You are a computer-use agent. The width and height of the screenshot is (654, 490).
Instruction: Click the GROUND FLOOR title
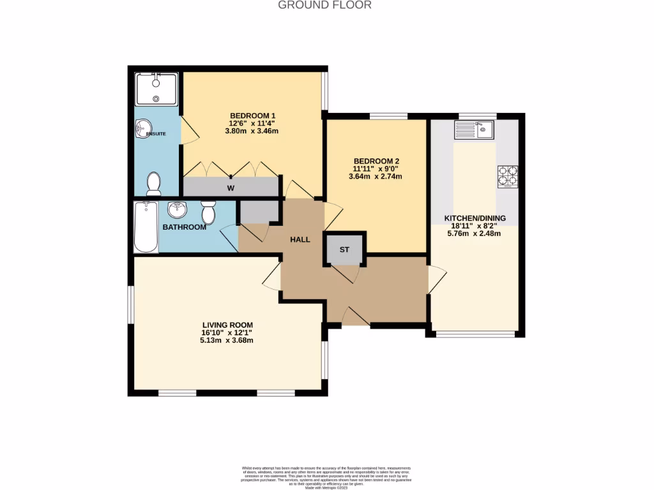324,5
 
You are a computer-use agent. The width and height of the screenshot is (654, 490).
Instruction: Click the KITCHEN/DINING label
475,218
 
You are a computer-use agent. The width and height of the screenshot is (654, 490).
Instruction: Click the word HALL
300,240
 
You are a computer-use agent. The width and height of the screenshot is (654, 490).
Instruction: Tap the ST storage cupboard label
344,249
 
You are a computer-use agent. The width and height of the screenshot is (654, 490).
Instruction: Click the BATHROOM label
184,227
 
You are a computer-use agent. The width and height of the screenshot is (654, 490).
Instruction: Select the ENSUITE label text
156,135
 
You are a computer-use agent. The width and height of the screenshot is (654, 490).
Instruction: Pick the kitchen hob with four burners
508,176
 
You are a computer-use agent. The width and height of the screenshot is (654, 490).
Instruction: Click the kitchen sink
473,131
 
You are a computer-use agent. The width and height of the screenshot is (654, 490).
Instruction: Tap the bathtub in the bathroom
146,227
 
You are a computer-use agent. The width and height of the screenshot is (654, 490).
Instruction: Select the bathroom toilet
208,212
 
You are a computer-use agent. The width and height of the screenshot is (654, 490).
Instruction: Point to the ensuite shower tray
156,89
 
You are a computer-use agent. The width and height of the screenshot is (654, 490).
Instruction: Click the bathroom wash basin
177,209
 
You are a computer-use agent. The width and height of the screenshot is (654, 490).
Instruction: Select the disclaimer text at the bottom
326,477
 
